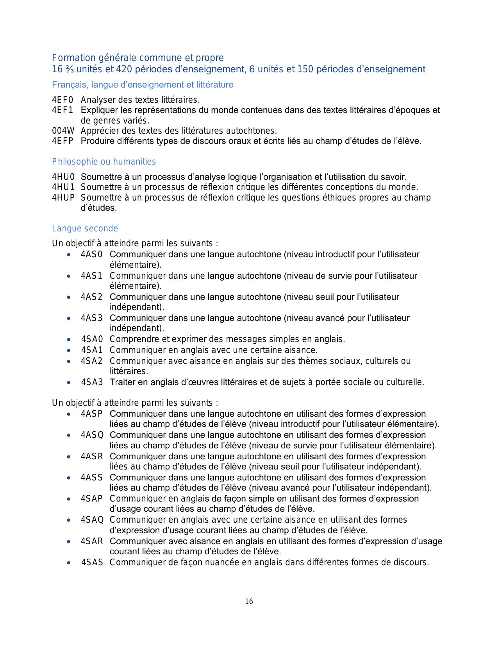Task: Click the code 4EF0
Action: (x=62, y=100)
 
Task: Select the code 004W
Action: (x=63, y=131)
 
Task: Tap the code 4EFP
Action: (x=62, y=141)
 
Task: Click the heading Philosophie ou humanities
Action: (x=104, y=161)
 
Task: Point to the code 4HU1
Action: (x=63, y=187)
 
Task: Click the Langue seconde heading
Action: (x=85, y=228)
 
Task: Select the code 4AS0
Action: (x=91, y=254)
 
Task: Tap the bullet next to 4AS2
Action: (x=69, y=297)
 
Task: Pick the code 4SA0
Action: (x=92, y=339)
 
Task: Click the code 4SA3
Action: (x=92, y=382)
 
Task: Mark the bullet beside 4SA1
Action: (x=69, y=350)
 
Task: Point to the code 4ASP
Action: (x=91, y=414)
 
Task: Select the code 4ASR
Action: (x=92, y=456)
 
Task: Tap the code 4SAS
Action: (x=92, y=562)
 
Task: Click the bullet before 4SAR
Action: (x=69, y=541)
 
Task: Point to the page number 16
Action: (x=249, y=602)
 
